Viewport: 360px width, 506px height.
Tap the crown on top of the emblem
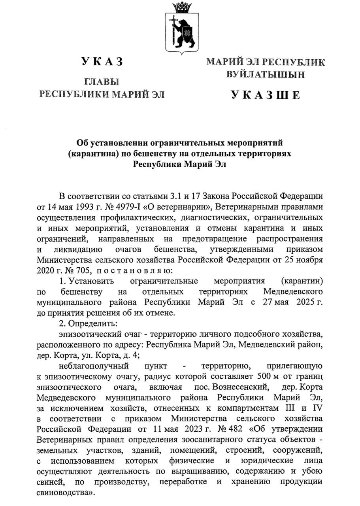click(182, 7)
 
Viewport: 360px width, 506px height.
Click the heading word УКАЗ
click(102, 61)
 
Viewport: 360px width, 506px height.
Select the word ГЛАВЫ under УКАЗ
click(102, 82)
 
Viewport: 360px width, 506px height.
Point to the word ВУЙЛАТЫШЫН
click(265, 74)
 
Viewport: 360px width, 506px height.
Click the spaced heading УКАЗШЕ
click(265, 95)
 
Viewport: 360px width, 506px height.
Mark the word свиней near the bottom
click(48, 482)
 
